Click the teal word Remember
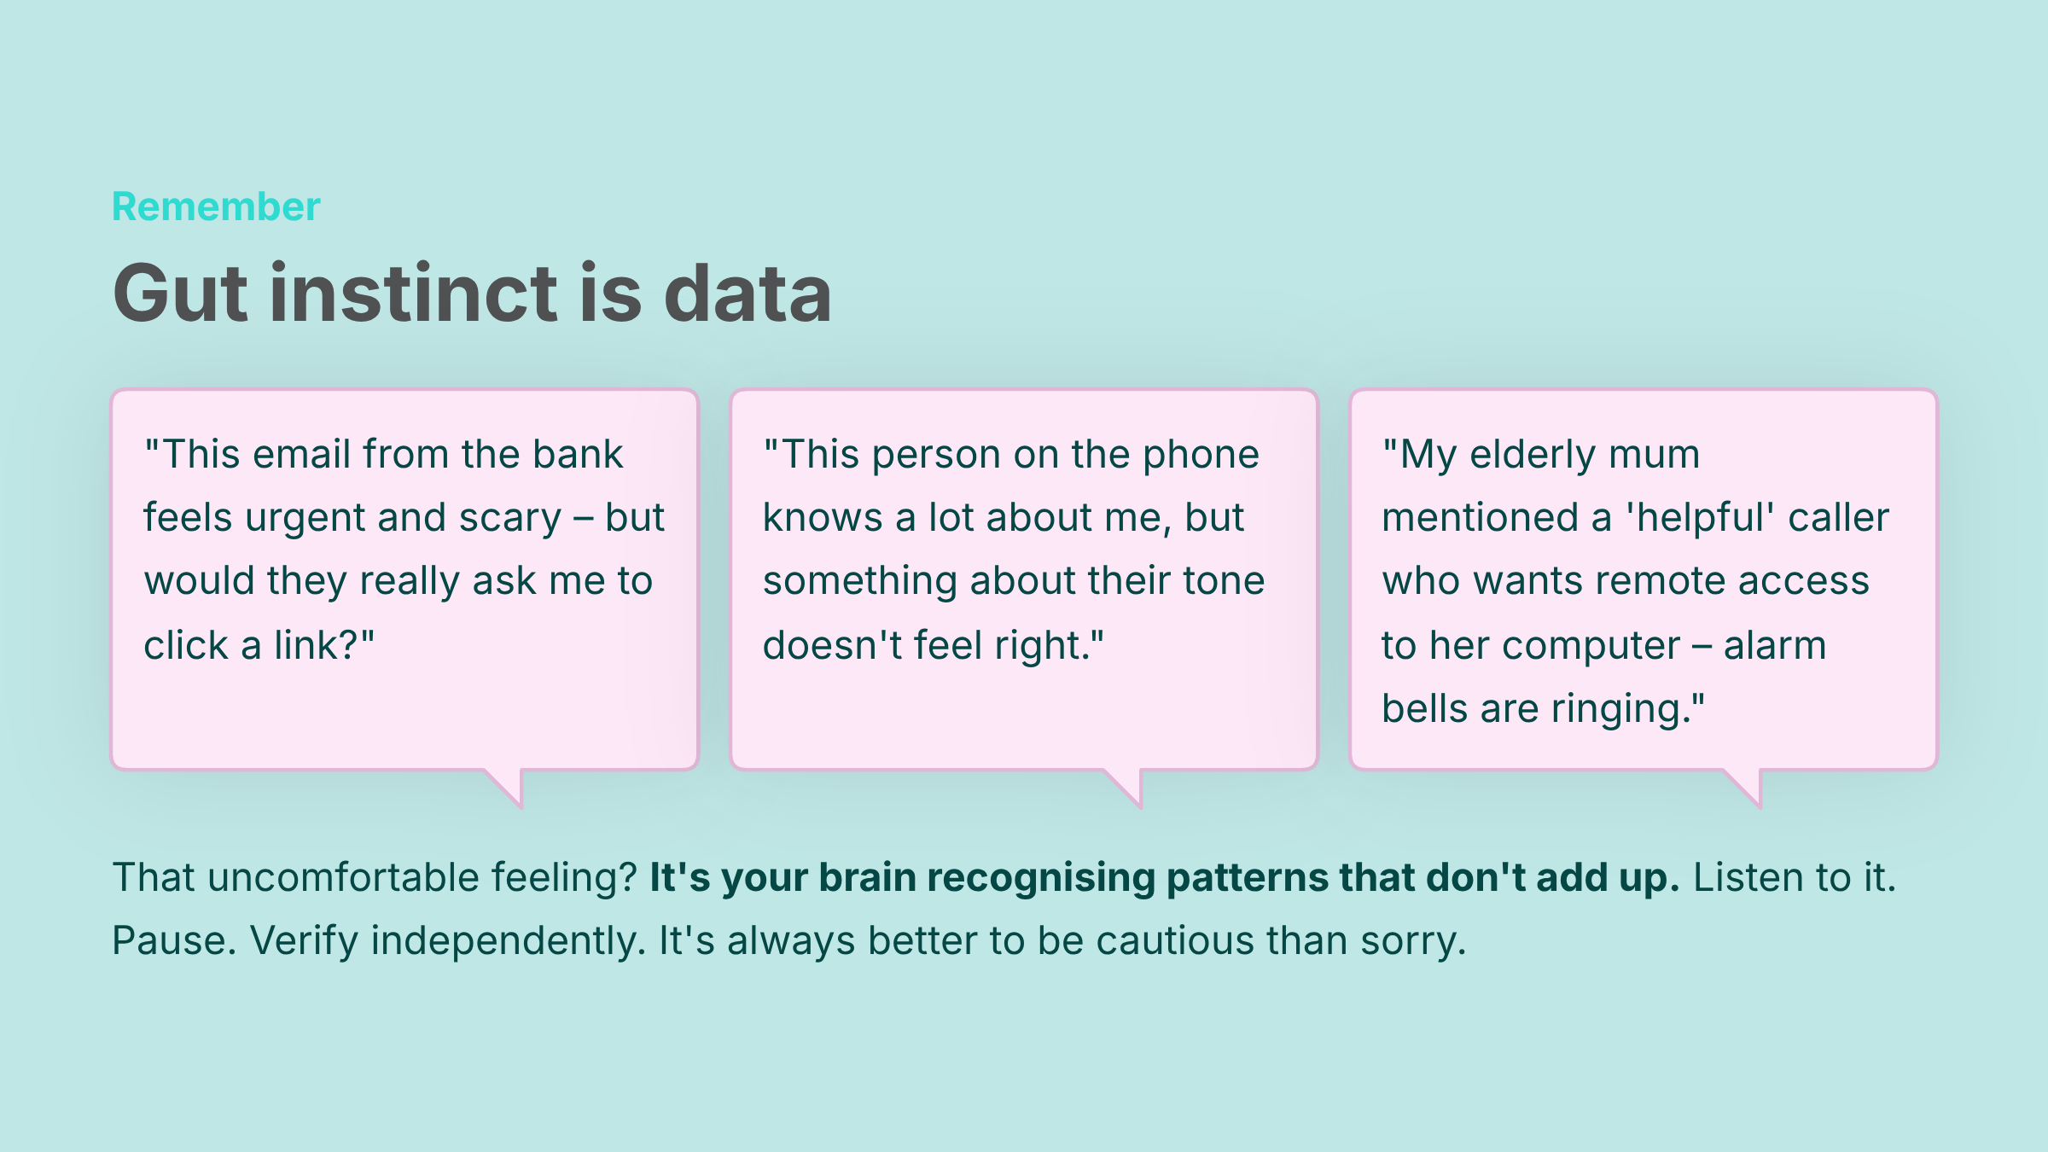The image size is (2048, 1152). pyautogui.click(x=216, y=207)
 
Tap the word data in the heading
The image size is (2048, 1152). pyautogui.click(x=748, y=293)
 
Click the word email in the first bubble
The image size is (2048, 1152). pyautogui.click(x=302, y=454)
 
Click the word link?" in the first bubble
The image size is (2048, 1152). pyautogui.click(x=324, y=645)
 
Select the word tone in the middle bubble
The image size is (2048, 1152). pyautogui.click(x=1224, y=581)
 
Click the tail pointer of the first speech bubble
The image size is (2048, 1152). pyautogui.click(x=508, y=786)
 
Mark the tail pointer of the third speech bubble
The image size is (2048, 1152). pyautogui.click(x=1747, y=786)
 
